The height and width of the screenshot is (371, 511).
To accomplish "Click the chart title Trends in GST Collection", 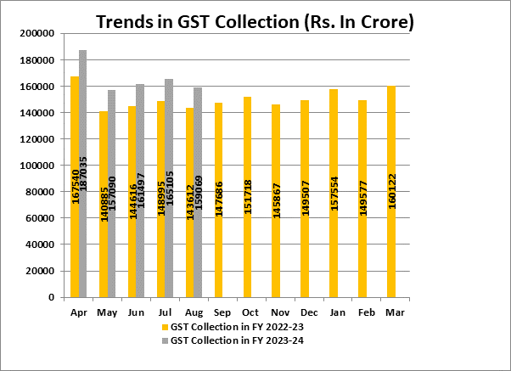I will (255, 21).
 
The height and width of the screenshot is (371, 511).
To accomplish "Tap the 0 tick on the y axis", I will (52, 298).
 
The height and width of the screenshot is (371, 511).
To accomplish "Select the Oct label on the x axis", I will (247, 312).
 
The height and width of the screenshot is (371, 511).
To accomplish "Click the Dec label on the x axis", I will (304, 312).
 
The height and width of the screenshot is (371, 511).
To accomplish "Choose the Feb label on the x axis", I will (362, 312).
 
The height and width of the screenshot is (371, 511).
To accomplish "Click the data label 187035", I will (84, 180).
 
